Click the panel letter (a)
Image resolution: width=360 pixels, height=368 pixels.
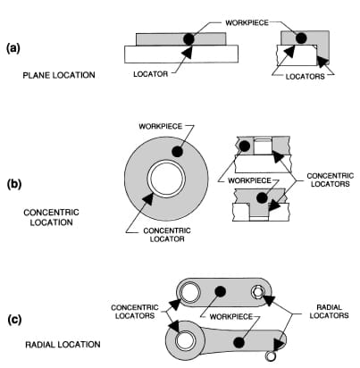click(13, 48)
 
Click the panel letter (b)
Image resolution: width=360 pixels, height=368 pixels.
click(14, 184)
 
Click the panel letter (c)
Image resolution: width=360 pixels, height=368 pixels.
click(14, 320)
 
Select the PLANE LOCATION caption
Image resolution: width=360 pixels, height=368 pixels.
click(59, 75)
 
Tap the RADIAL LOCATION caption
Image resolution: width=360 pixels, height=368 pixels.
click(63, 345)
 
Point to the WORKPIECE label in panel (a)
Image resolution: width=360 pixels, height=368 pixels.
click(247, 22)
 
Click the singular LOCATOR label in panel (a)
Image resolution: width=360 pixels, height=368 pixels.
click(151, 74)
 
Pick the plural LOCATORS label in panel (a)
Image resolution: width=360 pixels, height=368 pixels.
click(305, 76)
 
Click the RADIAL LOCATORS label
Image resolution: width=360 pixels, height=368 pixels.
click(329, 312)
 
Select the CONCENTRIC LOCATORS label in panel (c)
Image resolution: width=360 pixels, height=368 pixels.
click(135, 312)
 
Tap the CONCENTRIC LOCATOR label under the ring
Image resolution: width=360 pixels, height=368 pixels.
click(167, 235)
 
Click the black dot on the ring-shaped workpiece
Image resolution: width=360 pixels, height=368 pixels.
click(177, 152)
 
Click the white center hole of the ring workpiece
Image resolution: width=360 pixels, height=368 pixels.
click(166, 179)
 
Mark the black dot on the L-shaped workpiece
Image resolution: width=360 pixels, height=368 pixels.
click(301, 38)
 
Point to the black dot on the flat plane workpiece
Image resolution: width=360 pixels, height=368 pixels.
click(188, 38)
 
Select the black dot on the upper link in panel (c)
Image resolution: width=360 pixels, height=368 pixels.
click(220, 291)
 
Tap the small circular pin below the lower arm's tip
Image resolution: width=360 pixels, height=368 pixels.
click(271, 355)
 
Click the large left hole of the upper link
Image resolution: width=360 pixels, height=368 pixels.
click(189, 292)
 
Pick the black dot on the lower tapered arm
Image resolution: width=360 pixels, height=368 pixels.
click(239, 343)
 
